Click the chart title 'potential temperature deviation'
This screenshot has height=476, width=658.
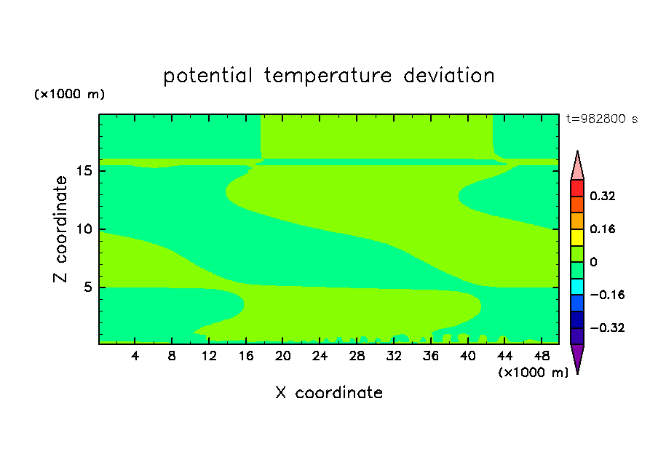coord(329,76)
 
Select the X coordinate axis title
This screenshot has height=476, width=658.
coord(329,392)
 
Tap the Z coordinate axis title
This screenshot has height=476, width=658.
coord(60,229)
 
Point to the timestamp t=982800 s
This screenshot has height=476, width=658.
coord(602,119)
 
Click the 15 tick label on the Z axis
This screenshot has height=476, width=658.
coord(84,171)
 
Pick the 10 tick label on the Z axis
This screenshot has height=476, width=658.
coord(84,229)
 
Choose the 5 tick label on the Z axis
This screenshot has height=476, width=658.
coord(87,287)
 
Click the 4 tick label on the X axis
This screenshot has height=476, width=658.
coord(135,356)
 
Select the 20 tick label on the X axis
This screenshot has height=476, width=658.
coord(282,356)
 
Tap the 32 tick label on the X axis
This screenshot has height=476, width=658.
coord(394,356)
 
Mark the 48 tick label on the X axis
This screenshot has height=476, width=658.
coord(542,356)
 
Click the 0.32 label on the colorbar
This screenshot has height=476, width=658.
coord(602,196)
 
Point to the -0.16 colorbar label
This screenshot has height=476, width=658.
coord(607,295)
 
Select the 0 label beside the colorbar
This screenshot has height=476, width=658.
coord(593,262)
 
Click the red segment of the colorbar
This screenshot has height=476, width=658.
coord(577,188)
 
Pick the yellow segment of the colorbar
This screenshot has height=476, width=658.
coord(577,237)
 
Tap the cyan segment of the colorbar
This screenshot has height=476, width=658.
coord(577,287)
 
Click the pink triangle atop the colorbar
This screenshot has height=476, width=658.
coord(577,167)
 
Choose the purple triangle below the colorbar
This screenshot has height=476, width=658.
coord(577,357)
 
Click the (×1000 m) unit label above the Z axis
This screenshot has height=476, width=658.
coord(69,94)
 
